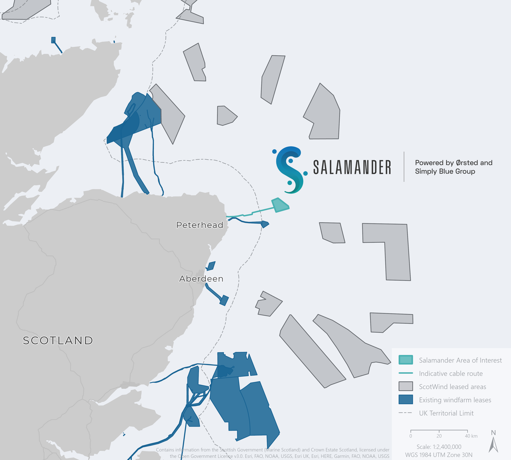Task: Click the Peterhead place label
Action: pyautogui.click(x=200, y=225)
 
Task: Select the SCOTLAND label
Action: pyautogui.click(x=58, y=340)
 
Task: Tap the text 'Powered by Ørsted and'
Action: pyautogui.click(x=454, y=163)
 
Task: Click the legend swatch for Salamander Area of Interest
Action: pyautogui.click(x=406, y=360)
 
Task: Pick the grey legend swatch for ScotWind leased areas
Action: pyautogui.click(x=406, y=386)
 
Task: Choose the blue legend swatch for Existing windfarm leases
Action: pyautogui.click(x=406, y=400)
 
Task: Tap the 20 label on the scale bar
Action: pyautogui.click(x=439, y=436)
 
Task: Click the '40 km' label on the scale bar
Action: pyautogui.click(x=471, y=436)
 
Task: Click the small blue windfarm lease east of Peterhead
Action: pyautogui.click(x=265, y=224)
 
